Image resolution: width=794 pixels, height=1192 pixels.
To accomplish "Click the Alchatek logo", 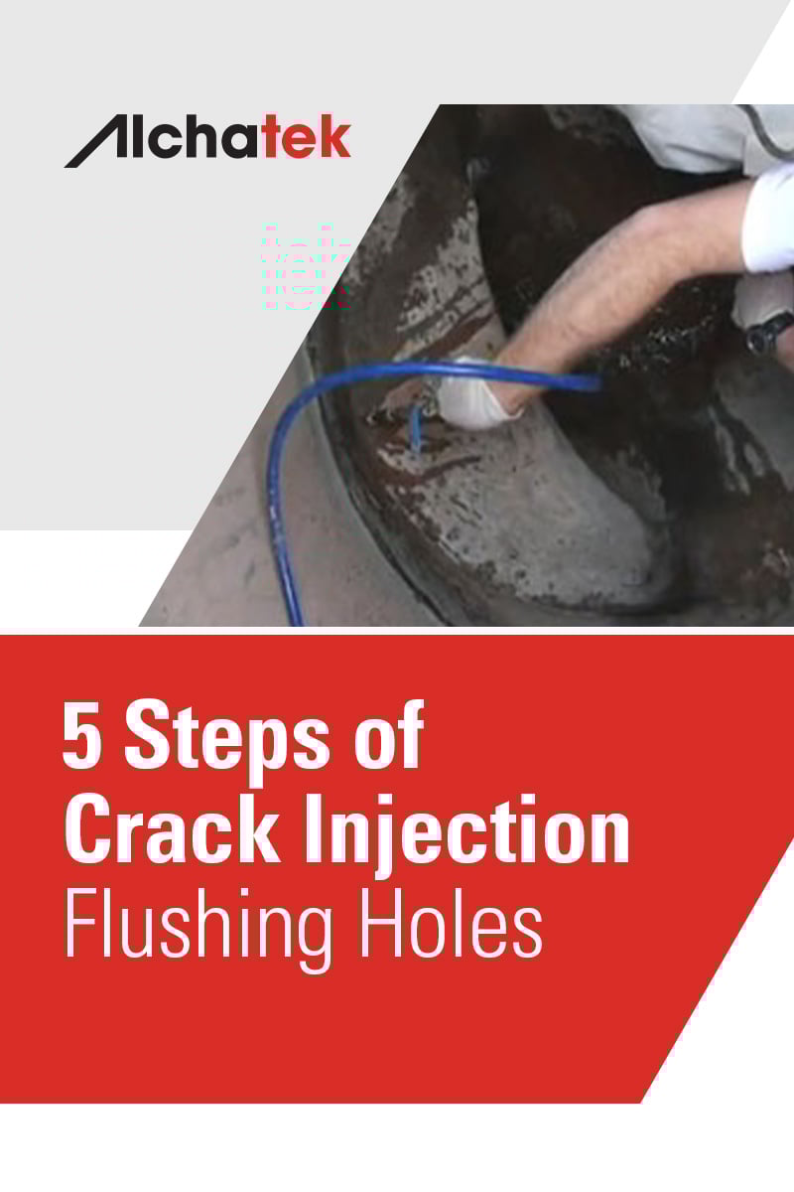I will point(207,142).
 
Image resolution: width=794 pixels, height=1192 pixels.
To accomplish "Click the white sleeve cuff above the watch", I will point(769,228).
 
